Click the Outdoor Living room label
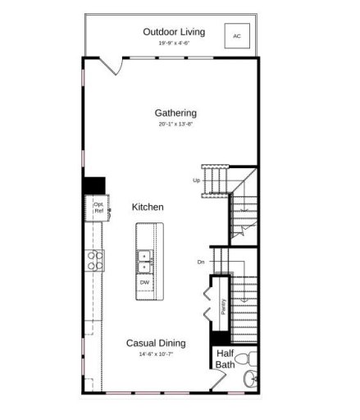[174, 32]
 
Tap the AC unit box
[237, 36]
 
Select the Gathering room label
[175, 113]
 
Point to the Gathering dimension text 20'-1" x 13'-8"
[175, 125]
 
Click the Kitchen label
[148, 208]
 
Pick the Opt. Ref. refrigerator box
[98, 208]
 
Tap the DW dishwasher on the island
[144, 282]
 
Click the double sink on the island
[144, 260]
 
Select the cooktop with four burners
[96, 260]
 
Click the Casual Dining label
[155, 344]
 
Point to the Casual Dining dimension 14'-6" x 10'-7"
[155, 354]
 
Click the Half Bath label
[226, 359]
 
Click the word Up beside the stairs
[197, 180]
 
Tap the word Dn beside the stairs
[200, 262]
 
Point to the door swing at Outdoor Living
[110, 66]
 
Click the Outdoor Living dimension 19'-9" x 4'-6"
[174, 43]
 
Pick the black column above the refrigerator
[95, 185]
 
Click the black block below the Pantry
[220, 337]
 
